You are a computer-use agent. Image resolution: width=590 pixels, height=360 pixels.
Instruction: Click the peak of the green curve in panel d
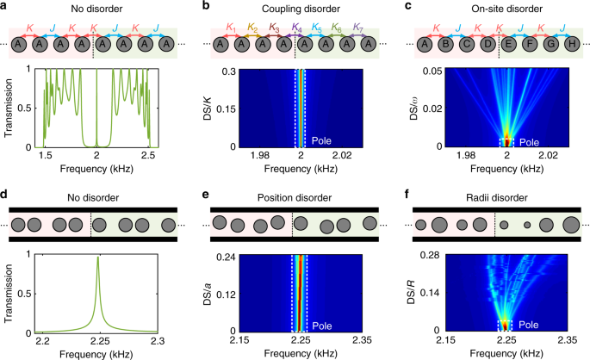97,258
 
